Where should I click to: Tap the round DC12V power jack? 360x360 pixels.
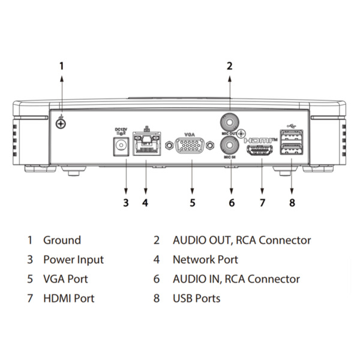(123, 146)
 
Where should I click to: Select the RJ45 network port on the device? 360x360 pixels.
(145, 144)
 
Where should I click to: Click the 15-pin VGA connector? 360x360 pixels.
(190, 146)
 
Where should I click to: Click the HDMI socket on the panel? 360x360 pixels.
(262, 151)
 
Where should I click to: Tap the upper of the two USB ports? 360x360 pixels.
(292, 136)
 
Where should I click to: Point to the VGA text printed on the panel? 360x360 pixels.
(190, 134)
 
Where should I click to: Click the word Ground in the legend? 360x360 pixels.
(62, 240)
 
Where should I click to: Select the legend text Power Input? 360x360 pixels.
(73, 260)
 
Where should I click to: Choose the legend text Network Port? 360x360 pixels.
(205, 260)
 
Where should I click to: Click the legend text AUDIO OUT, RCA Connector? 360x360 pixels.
(242, 240)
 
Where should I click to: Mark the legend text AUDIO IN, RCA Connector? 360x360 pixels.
(236, 279)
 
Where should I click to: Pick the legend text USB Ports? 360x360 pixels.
(196, 298)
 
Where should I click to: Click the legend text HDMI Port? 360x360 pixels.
(68, 298)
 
